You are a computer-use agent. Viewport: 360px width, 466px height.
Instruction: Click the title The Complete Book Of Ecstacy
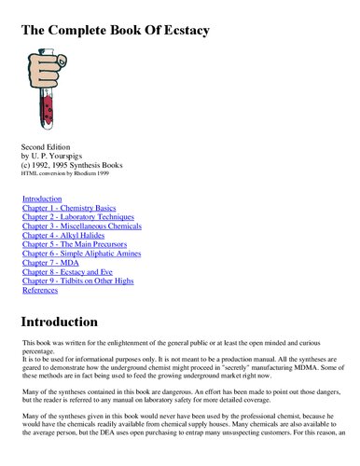tap(115, 31)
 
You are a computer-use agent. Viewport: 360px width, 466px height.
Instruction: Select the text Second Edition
tap(47, 147)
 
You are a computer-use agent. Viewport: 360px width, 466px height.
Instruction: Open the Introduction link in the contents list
tap(42, 199)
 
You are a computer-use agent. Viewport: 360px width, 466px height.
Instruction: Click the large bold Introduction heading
tap(73, 322)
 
